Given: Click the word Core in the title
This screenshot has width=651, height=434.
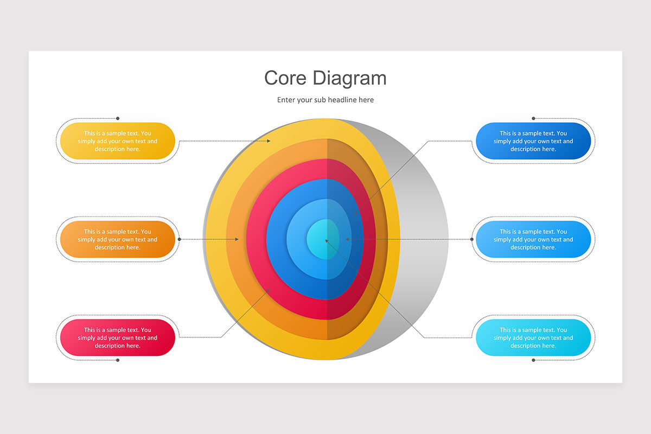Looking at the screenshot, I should click(x=285, y=78).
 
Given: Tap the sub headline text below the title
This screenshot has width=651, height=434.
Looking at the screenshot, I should click(x=325, y=100).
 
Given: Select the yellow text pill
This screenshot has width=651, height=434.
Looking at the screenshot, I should click(x=117, y=141).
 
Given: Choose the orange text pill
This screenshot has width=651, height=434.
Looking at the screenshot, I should click(x=117, y=239).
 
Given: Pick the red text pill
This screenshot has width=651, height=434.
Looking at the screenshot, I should click(x=117, y=337).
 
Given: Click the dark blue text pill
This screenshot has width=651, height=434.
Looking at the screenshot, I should click(x=533, y=141).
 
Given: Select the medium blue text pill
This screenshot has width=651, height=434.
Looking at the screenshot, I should click(x=533, y=239).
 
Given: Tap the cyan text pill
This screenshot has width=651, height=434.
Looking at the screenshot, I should click(x=533, y=337).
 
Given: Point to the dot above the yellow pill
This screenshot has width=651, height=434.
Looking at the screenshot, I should click(x=118, y=118).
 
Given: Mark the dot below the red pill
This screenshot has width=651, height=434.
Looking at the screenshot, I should click(x=118, y=360).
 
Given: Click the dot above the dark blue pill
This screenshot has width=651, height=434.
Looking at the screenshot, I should click(x=533, y=118).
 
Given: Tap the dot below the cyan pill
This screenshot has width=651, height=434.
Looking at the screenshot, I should click(x=533, y=360).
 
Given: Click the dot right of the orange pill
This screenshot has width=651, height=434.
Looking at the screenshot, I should click(x=180, y=239).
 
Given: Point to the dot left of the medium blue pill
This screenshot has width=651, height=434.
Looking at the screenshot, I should click(x=471, y=239).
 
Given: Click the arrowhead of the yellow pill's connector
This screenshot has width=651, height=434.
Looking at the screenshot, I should click(x=269, y=141).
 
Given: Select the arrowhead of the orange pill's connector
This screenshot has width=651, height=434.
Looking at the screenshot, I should click(x=237, y=239).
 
